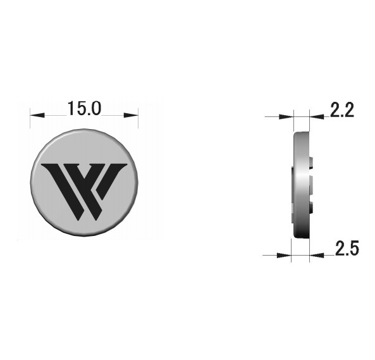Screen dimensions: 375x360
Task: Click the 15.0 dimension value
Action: click(85, 109)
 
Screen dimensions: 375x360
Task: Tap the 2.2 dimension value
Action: click(341, 110)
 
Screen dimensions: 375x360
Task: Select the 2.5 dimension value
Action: click(347, 248)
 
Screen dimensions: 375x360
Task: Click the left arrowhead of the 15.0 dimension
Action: click(37, 115)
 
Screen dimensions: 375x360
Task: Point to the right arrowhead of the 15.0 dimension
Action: click(131, 115)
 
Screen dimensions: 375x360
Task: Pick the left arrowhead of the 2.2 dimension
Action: click(286, 116)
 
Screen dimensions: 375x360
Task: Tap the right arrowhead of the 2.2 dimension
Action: click(317, 116)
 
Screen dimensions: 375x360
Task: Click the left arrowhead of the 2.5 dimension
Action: click(284, 255)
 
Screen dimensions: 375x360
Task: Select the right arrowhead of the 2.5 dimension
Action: click(317, 255)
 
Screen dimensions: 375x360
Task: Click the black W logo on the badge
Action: click(84, 191)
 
